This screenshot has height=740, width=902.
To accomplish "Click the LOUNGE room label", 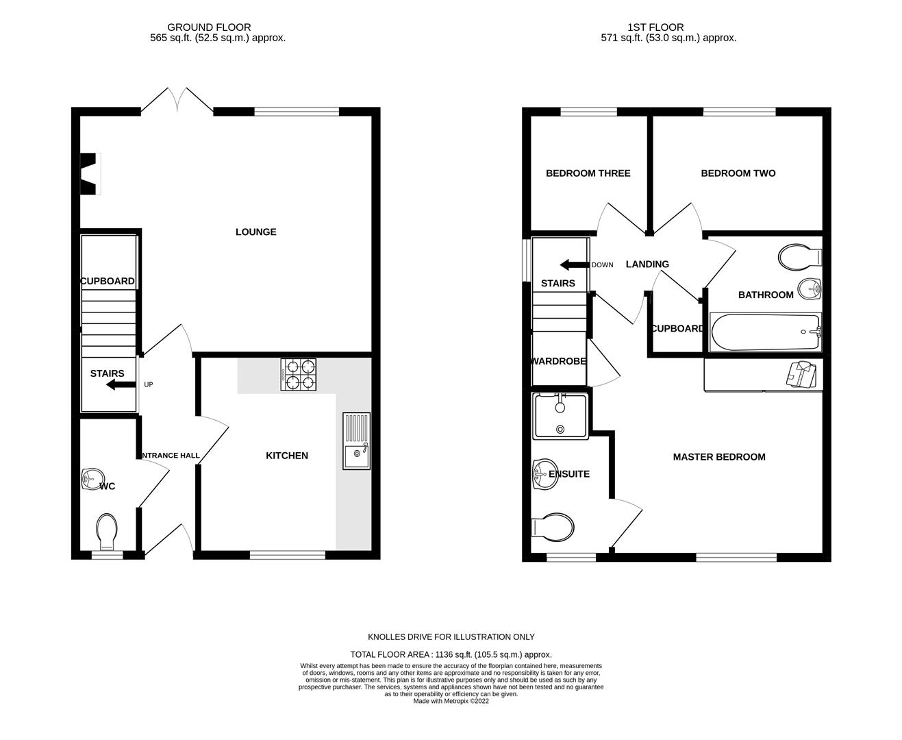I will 255,232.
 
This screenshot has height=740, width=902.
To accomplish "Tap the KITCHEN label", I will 286,456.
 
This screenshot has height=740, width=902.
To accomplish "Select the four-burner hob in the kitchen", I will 298,375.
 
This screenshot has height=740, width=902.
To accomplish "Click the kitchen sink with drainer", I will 356,441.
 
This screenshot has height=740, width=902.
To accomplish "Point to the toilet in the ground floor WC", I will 106,532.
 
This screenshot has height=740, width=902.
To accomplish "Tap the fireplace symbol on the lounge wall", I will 90,174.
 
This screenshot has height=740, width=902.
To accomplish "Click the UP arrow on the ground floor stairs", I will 121,385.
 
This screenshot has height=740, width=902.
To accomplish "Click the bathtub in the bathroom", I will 765,332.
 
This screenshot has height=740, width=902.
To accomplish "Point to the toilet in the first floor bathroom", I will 799,257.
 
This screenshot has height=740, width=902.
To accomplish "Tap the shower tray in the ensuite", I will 560,416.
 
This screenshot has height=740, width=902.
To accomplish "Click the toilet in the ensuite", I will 553,528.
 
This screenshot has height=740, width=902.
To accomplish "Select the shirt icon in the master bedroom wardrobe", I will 801,374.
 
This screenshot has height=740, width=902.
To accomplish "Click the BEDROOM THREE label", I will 588,173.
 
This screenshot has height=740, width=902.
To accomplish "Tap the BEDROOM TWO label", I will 738,173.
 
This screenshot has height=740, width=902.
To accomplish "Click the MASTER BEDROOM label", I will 718,457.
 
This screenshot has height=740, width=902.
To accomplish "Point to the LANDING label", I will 647,264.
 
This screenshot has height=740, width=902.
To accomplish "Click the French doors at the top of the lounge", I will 177,100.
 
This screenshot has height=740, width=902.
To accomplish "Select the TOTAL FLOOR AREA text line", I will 451,654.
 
